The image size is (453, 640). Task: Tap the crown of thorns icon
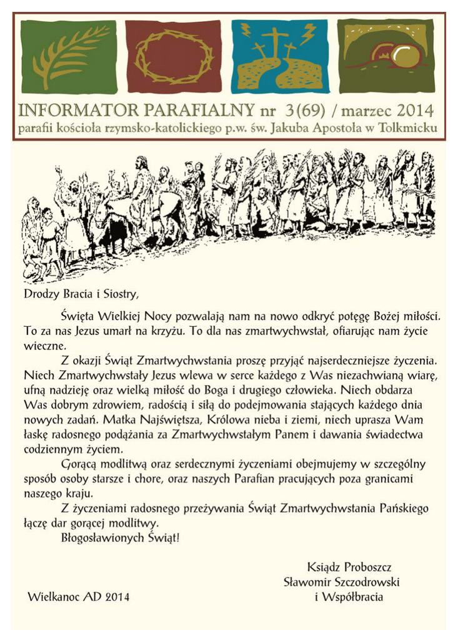[x=173, y=56]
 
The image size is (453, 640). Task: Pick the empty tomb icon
[x=386, y=56]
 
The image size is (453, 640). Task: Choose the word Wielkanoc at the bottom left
[x=52, y=597]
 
